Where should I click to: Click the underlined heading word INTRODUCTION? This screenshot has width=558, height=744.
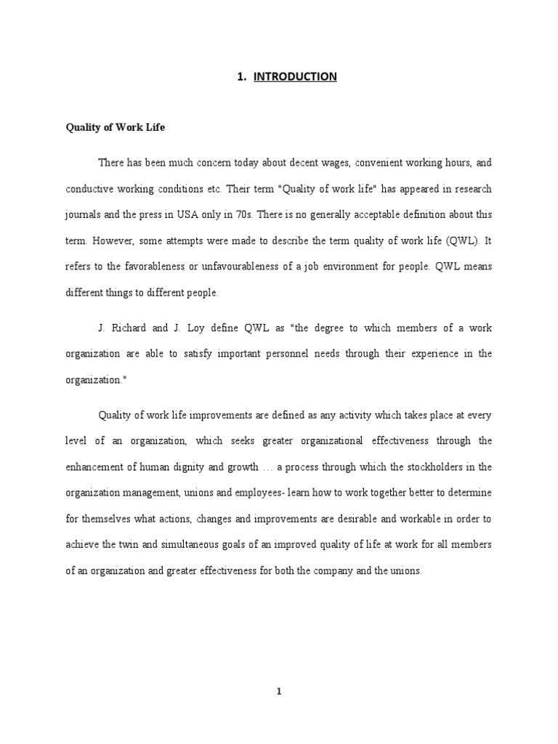click(x=295, y=76)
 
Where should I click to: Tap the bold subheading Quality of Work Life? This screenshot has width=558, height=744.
click(x=116, y=127)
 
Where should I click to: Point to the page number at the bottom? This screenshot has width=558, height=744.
click(x=279, y=692)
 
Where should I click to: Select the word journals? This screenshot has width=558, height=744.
click(x=84, y=214)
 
